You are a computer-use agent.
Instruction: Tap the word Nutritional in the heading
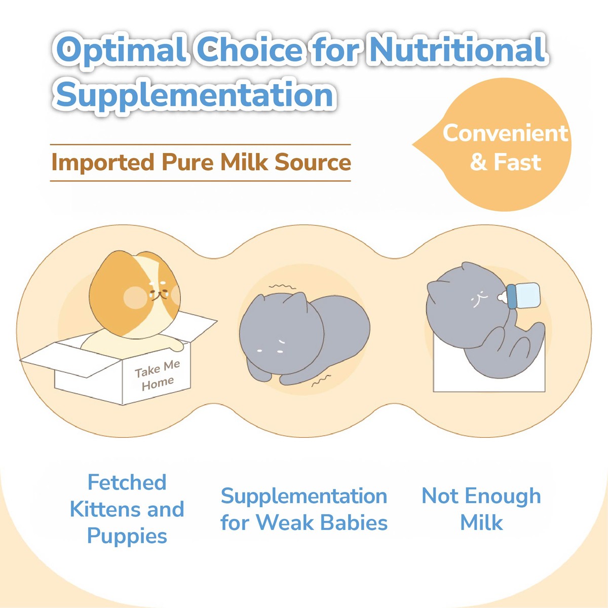(x=458, y=49)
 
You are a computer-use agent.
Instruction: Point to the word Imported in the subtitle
(x=103, y=163)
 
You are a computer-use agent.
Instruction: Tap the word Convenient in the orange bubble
(x=505, y=133)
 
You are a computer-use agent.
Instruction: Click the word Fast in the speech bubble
(x=517, y=162)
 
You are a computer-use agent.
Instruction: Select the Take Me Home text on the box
(x=158, y=375)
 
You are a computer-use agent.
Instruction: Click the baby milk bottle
(x=518, y=295)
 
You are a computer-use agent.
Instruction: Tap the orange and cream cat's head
(x=135, y=294)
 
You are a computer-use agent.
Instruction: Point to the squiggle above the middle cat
(x=282, y=286)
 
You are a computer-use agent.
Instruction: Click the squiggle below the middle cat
(x=321, y=381)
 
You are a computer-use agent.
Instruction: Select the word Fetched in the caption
(x=127, y=482)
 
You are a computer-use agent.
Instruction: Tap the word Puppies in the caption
(x=127, y=536)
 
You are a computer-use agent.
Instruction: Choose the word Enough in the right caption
(x=503, y=496)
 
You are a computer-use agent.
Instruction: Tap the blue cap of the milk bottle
(x=511, y=296)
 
